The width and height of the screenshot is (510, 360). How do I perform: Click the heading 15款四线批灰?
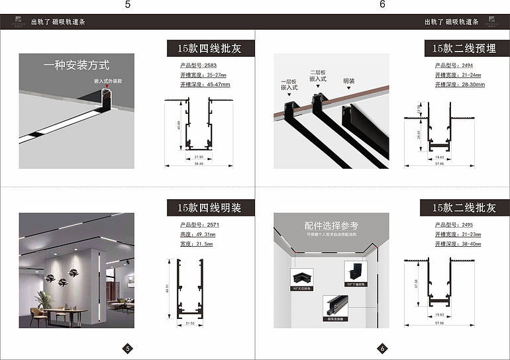pos(204,48)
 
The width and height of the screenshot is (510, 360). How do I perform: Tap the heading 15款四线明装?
pos(204,208)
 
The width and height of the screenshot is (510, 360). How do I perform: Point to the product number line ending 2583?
pos(198,65)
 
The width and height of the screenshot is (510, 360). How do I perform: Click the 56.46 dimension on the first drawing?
pos(199,163)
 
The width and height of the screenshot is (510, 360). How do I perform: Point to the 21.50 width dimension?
pos(189,323)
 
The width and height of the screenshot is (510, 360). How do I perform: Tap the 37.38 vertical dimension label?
pos(417,284)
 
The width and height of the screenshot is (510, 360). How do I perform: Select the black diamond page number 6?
pos(382,348)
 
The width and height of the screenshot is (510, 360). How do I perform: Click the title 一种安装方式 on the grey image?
pos(77,65)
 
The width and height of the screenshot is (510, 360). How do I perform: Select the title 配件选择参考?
pos(331,225)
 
